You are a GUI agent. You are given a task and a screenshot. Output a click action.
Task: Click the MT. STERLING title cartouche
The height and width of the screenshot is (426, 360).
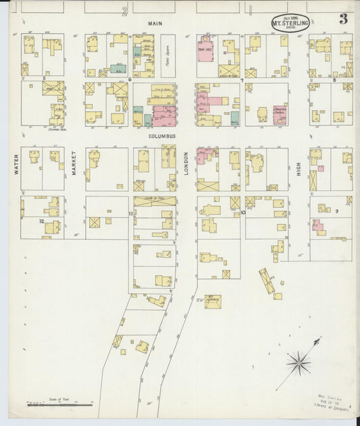click(290, 22)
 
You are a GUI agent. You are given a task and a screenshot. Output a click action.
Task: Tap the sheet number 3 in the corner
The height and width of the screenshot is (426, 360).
click(343, 19)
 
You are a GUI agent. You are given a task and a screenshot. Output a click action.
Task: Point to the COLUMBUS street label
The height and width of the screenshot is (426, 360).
click(162, 136)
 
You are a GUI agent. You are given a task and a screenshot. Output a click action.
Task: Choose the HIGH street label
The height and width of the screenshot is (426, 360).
click(298, 169)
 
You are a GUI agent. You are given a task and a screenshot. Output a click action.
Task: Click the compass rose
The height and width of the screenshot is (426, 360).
click(298, 363)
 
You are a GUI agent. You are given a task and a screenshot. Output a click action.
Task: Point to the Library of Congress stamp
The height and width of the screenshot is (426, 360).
click(327, 402)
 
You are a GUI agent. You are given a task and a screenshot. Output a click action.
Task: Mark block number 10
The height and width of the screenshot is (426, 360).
click(242, 213)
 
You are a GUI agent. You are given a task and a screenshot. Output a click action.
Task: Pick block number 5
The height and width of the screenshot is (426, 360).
click(44, 79)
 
